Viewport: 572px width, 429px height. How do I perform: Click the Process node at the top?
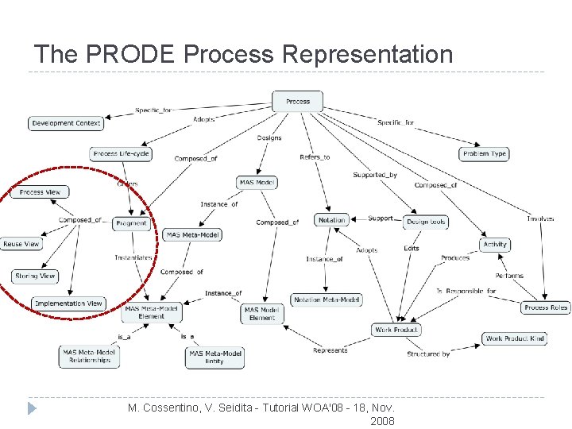pyautogui.click(x=298, y=102)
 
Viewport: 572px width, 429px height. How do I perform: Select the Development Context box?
pyautogui.click(x=66, y=123)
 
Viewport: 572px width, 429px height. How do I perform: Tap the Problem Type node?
pyautogui.click(x=484, y=153)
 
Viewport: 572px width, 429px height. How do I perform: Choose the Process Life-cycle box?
pyautogui.click(x=122, y=153)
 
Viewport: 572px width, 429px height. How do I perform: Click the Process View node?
pyautogui.click(x=40, y=192)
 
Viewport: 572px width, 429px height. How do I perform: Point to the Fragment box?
pyautogui.click(x=131, y=223)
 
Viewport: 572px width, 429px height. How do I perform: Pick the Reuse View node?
pyautogui.click(x=21, y=244)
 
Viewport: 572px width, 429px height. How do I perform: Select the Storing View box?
pyautogui.click(x=36, y=276)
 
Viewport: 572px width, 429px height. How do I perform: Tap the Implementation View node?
pyautogui.click(x=69, y=303)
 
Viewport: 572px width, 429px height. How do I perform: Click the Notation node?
pyautogui.click(x=331, y=220)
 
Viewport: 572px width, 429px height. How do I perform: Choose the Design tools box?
pyautogui.click(x=426, y=222)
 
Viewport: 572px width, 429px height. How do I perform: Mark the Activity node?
pyautogui.click(x=495, y=245)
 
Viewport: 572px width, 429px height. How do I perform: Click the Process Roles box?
pyautogui.click(x=547, y=307)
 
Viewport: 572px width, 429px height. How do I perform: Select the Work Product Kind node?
pyautogui.click(x=515, y=338)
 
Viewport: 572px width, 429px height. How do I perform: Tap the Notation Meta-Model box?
pyautogui.click(x=327, y=300)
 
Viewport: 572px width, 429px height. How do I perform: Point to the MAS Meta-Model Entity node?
pyautogui.click(x=214, y=357)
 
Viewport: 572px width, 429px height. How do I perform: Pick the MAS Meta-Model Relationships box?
pyautogui.click(x=90, y=356)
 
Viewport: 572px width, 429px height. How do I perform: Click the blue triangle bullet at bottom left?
pyautogui.click(x=32, y=408)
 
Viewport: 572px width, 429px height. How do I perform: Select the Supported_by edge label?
pyautogui.click(x=374, y=175)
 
